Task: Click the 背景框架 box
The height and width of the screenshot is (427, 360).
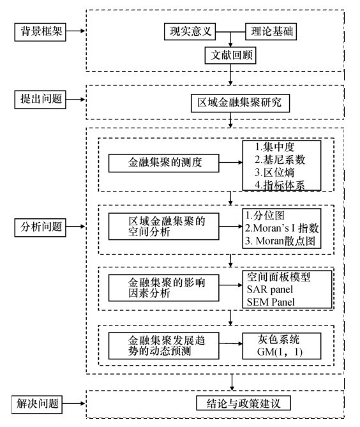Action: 40,32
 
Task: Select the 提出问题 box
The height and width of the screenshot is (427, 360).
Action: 40,100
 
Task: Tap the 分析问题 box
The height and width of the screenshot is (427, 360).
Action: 40,227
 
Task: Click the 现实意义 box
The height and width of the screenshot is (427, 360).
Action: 190,31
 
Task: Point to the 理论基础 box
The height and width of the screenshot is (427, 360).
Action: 271,31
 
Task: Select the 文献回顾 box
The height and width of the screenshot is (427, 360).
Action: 230,56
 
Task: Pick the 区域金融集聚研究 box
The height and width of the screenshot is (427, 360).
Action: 240,103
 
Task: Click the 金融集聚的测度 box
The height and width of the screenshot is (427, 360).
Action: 163,163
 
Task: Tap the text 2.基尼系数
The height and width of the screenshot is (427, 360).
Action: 280,160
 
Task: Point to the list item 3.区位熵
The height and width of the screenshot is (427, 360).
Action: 274,173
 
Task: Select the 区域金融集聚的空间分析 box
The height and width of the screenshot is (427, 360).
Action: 163,227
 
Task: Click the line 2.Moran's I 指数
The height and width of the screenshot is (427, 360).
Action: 281,228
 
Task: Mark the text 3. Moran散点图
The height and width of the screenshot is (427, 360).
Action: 280,241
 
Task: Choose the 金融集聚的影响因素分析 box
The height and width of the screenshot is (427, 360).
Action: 163,288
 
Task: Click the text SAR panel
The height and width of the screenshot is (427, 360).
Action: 269,290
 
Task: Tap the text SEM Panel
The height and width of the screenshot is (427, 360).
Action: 271,302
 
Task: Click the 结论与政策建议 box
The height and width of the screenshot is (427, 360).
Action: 243,403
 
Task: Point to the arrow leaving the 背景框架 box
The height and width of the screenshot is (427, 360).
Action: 76,31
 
